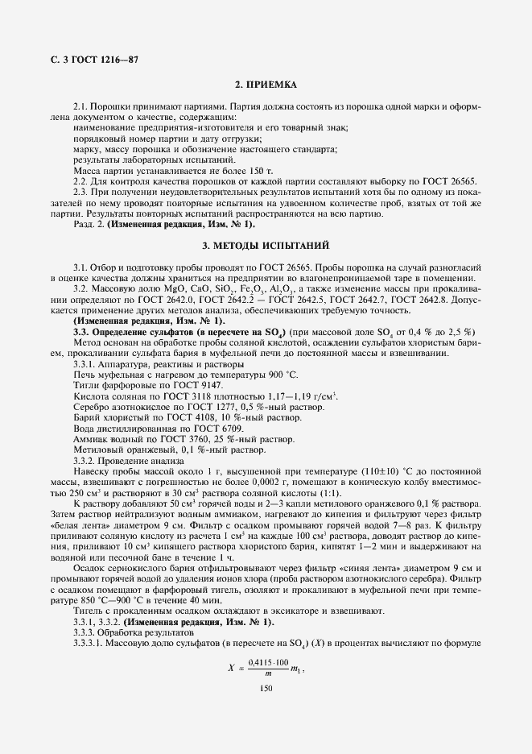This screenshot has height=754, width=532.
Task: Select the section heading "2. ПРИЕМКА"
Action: coord(266,84)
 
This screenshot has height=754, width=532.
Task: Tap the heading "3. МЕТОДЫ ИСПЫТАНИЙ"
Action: coord(266,244)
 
